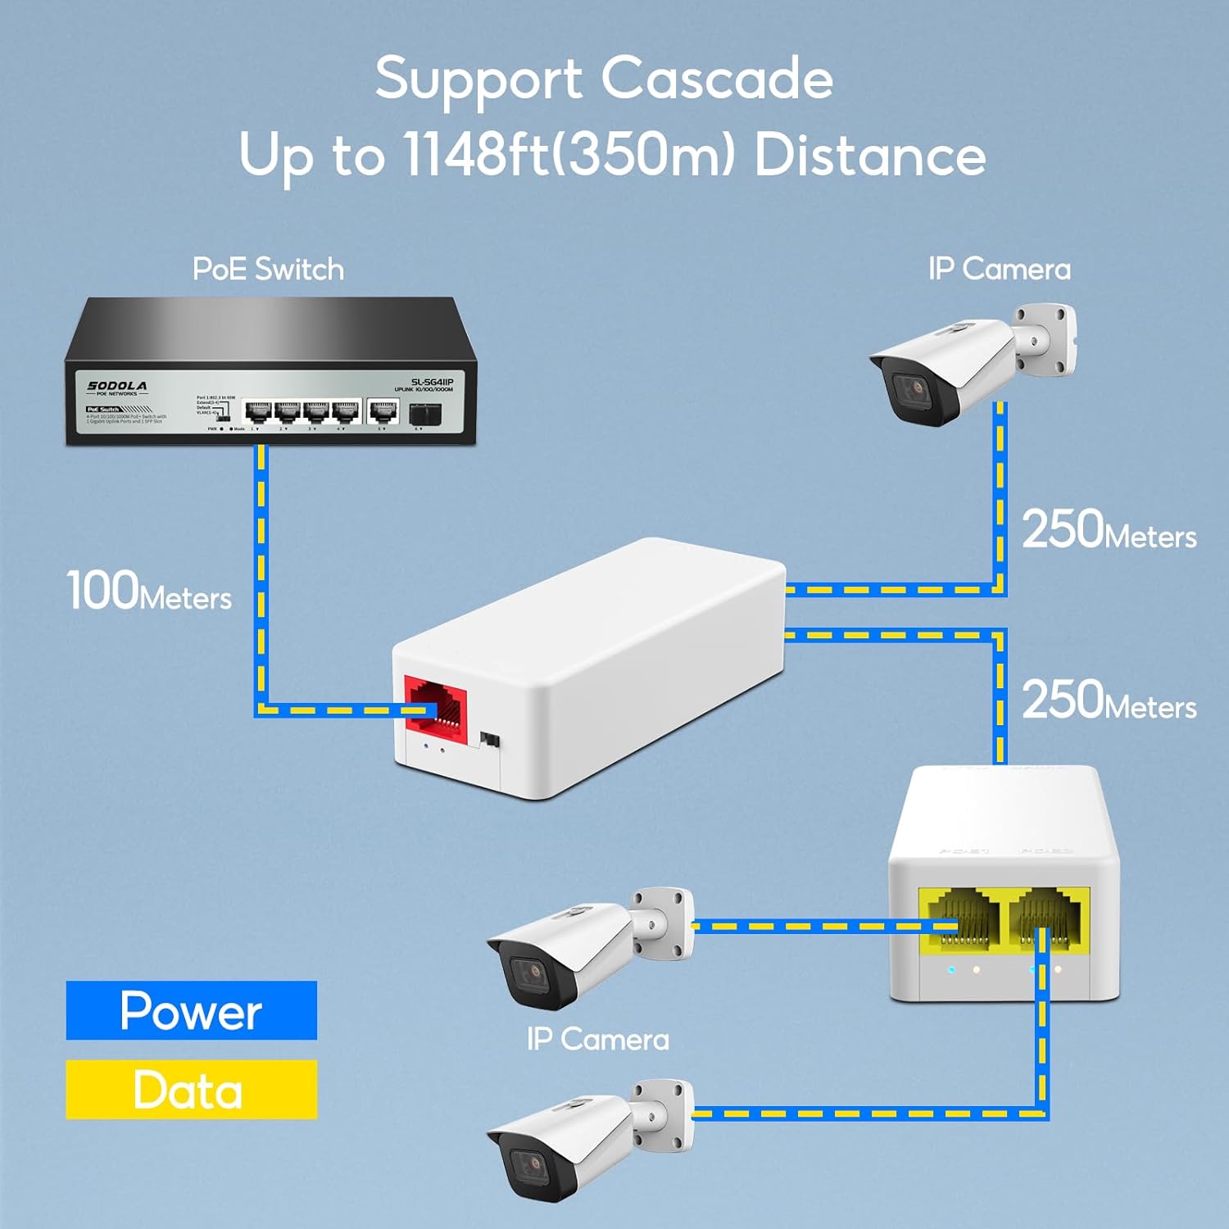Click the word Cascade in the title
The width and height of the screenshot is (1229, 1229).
click(717, 79)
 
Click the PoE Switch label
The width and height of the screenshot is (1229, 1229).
click(268, 270)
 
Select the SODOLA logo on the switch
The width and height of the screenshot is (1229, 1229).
click(117, 386)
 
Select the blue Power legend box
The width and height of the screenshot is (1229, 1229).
click(191, 1010)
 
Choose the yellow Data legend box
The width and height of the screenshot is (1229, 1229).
click(191, 1090)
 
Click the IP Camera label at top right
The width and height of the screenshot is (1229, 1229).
click(999, 270)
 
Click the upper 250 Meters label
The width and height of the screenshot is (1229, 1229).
click(1109, 530)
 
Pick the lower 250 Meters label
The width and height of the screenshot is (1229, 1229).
click(1109, 701)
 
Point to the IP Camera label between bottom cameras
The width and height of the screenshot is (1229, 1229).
click(597, 1040)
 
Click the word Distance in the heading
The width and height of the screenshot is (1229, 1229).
click(869, 154)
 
